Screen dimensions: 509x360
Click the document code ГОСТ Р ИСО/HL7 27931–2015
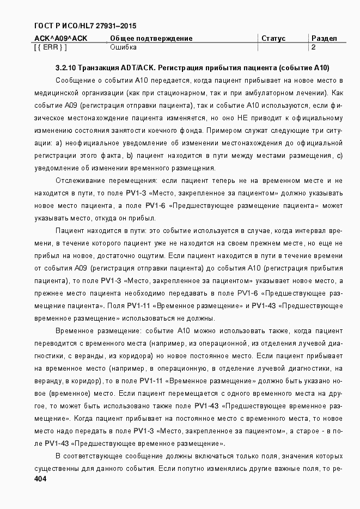tap(85, 26)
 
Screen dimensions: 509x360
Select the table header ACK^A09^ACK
tap(60, 39)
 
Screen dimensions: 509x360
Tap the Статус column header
tap(273, 39)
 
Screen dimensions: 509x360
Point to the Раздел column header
tap(324, 39)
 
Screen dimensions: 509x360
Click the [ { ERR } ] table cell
tap(50, 47)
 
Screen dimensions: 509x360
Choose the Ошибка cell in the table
tap(123, 47)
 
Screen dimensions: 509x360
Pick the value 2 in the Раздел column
tap(314, 47)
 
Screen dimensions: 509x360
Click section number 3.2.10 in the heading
tap(65, 69)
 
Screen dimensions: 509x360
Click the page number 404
tap(40, 479)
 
